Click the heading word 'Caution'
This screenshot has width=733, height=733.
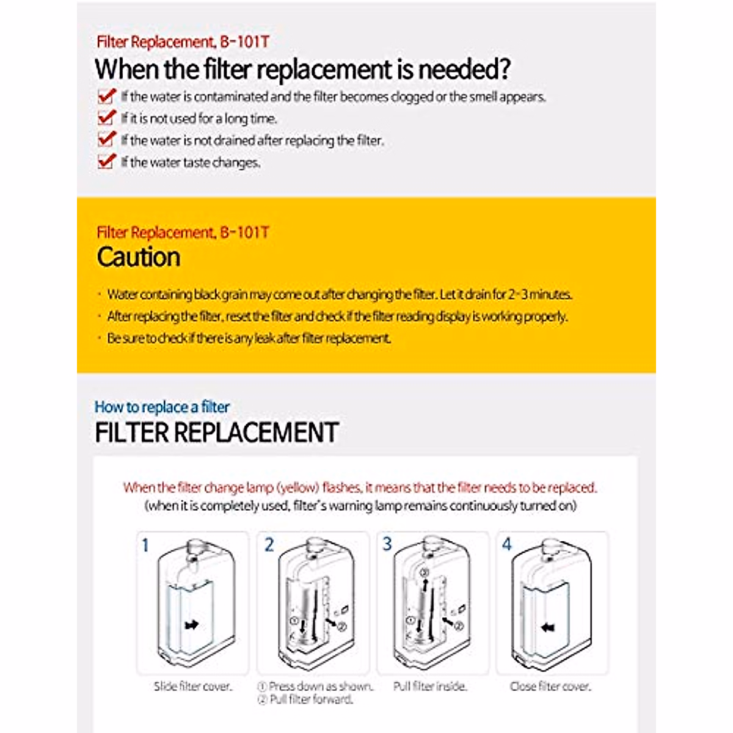coord(139,257)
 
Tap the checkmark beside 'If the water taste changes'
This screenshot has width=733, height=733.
coord(106,161)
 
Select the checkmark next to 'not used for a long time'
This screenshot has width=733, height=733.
coord(106,117)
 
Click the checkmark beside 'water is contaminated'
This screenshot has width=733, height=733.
coord(106,96)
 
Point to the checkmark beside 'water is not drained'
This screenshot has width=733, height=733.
coord(106,139)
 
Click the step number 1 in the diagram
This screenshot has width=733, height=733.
coord(145,544)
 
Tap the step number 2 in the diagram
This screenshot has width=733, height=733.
coord(269,544)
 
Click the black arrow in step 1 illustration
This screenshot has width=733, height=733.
coord(192,625)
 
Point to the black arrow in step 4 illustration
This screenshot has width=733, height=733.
coord(548,627)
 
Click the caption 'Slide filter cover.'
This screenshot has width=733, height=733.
coord(193,686)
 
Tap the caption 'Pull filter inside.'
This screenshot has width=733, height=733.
coord(430,686)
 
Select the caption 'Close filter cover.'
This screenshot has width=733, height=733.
coord(550,686)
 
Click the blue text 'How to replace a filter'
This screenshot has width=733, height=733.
coord(162,407)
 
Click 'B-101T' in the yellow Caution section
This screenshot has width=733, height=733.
coord(244,233)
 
